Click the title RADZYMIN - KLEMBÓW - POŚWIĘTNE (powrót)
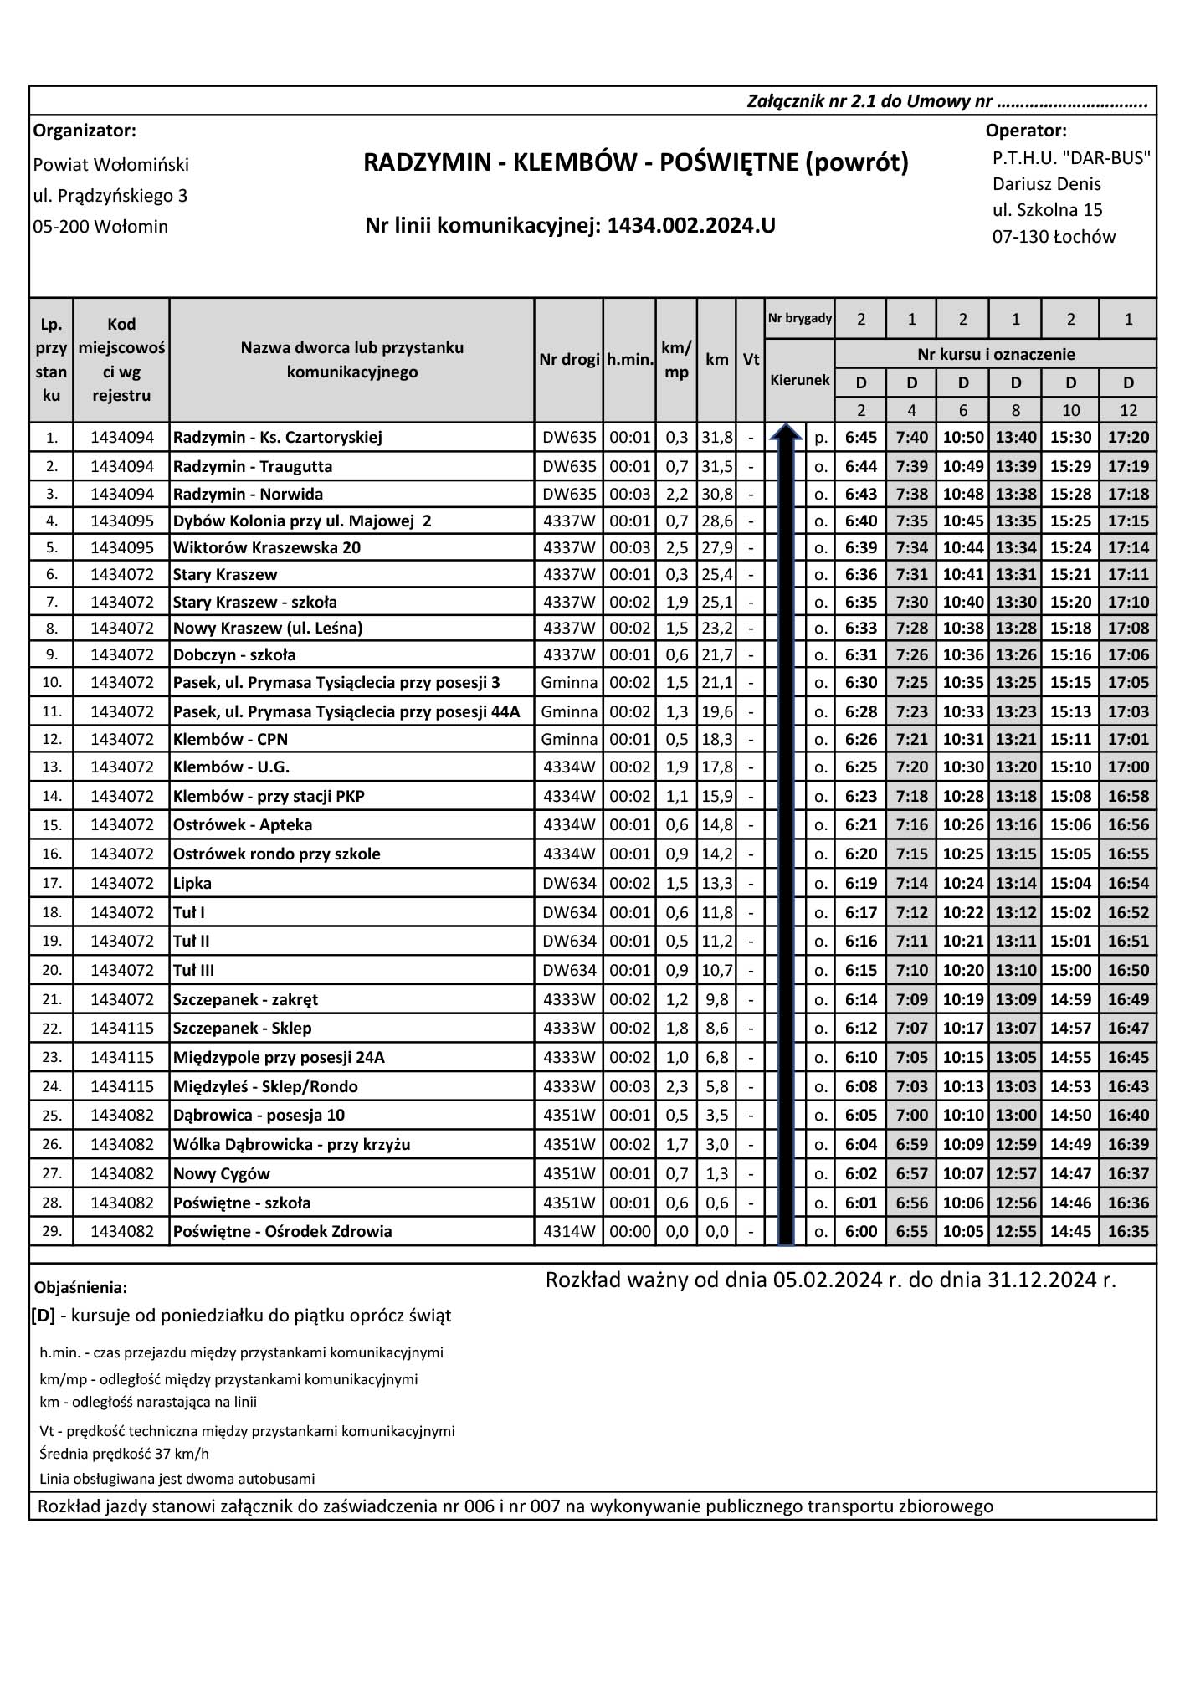point(635,162)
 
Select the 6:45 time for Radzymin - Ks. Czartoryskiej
point(861,438)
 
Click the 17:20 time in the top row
point(1128,438)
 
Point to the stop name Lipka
point(192,884)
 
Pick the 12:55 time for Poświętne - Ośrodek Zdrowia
point(1015,1232)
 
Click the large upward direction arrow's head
point(786,432)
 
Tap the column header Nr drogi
point(569,360)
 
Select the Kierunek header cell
point(800,380)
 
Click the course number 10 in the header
point(1070,410)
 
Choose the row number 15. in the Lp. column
point(52,825)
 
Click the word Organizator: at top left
point(85,131)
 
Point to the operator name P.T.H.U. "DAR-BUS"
point(1071,158)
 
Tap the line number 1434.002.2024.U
point(691,225)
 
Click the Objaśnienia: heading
point(81,1287)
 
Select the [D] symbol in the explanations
point(44,1316)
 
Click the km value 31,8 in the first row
point(717,438)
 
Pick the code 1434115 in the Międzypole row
point(122,1058)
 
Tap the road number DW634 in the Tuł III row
point(569,971)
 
